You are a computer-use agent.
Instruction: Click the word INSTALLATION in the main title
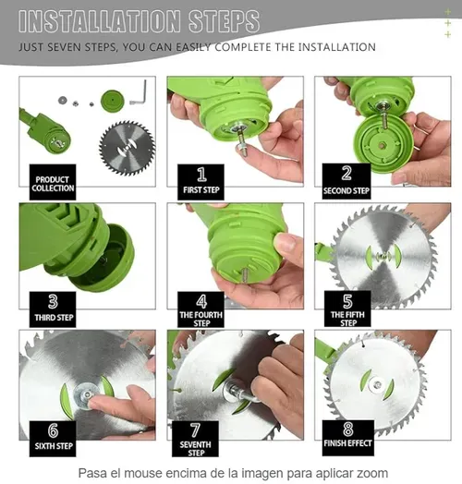click(x=99, y=21)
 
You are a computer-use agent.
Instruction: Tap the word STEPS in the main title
click(x=224, y=21)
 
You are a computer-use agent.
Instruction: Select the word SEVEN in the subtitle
click(x=65, y=47)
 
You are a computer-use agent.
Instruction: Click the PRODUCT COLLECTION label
click(x=53, y=184)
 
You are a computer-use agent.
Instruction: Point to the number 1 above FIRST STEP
click(x=201, y=175)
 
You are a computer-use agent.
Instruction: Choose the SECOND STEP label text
click(x=346, y=191)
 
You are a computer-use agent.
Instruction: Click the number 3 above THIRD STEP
click(x=53, y=301)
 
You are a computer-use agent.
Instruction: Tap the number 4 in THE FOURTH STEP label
click(x=201, y=301)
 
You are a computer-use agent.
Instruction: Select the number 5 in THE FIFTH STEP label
click(x=347, y=301)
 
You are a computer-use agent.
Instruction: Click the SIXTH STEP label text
click(x=54, y=446)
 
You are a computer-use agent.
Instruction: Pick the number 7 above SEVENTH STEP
click(x=195, y=430)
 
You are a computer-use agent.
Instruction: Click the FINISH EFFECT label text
click(x=347, y=443)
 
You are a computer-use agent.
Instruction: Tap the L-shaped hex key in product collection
click(x=140, y=93)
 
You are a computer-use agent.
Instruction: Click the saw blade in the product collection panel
click(x=127, y=148)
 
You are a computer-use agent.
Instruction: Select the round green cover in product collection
click(x=113, y=101)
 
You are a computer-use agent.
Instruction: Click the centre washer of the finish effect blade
click(x=377, y=384)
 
